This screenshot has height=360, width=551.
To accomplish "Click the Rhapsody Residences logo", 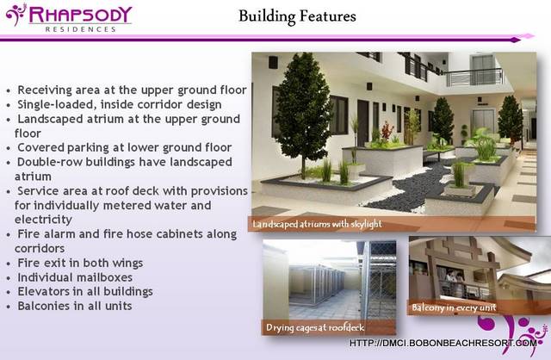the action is (69, 17).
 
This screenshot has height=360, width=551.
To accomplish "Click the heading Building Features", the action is (297, 16).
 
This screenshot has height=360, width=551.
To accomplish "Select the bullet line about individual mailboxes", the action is (75, 277).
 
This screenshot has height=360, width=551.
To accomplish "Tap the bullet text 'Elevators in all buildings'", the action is (85, 291).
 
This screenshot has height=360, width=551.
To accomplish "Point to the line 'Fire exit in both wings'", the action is (80, 263).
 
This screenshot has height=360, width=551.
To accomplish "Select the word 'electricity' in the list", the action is (43, 220).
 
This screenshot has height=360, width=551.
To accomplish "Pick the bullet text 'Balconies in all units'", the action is (75, 306).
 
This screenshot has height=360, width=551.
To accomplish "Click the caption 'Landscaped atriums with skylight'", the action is (317, 224).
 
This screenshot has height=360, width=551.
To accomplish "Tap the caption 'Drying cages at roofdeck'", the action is (315, 327).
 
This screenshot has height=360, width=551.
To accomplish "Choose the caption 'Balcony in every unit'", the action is (454, 307).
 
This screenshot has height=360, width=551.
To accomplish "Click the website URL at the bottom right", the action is (443, 343).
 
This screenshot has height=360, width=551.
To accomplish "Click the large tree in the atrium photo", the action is (302, 113).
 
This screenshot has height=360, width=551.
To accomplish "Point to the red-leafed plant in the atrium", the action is (387, 130).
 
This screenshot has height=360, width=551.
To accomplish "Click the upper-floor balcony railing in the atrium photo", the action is (474, 78).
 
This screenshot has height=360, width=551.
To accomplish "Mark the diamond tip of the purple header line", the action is (515, 40).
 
